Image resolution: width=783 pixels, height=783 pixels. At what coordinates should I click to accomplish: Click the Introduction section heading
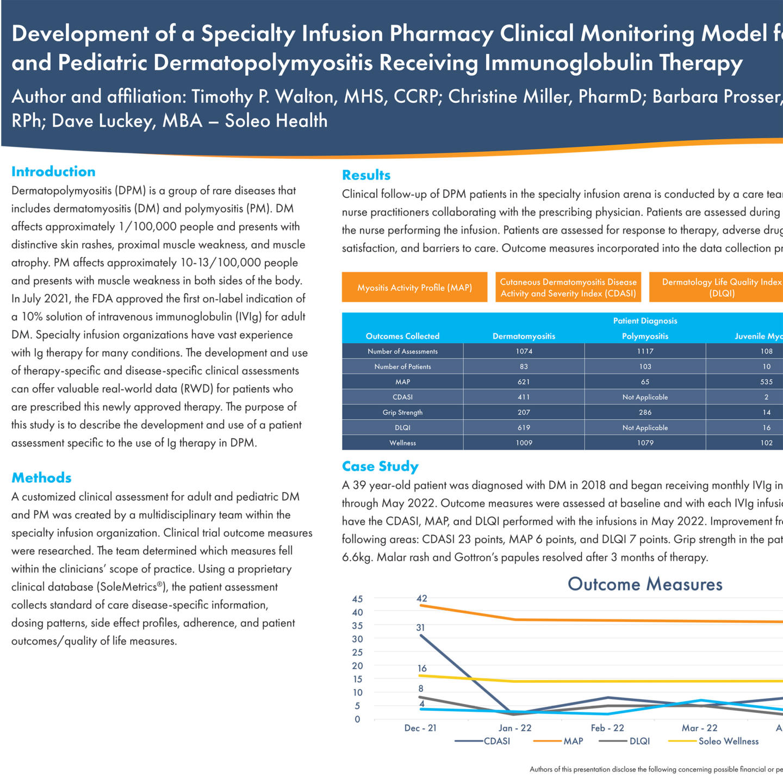point(53,172)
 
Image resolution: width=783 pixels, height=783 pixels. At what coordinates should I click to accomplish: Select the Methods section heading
point(41,478)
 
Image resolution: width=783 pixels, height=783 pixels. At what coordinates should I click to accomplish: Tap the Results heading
point(366,175)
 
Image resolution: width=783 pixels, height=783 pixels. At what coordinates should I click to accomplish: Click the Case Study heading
point(380,467)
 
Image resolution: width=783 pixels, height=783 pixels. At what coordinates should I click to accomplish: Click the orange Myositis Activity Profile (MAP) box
point(414,288)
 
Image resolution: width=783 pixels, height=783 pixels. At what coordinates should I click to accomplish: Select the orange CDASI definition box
point(568,288)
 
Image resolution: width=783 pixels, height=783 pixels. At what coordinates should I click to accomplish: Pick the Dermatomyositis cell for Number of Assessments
point(524,351)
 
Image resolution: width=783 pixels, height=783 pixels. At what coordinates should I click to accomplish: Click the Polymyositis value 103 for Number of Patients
point(645,366)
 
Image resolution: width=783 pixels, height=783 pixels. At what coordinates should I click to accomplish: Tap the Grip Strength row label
point(402,412)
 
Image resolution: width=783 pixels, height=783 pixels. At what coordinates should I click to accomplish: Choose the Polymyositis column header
point(645,336)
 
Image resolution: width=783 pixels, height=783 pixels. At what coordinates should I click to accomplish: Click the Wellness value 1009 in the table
point(524,443)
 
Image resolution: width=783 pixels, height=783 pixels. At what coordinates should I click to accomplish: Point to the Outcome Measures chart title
point(645,584)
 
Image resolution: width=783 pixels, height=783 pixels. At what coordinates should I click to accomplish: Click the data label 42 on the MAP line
point(422,598)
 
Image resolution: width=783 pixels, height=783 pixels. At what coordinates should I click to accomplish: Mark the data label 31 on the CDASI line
point(420,627)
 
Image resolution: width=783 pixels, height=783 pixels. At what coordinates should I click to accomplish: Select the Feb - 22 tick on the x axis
point(607,728)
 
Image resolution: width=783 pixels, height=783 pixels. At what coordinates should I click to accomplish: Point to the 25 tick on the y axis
point(357,652)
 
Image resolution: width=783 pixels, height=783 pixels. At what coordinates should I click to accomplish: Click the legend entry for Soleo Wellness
point(728,741)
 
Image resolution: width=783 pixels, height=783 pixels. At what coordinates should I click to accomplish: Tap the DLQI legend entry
point(639,741)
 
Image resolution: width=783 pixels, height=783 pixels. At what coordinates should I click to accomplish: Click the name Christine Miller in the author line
point(508,96)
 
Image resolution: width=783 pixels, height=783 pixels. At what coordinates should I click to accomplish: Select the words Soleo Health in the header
point(276,121)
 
